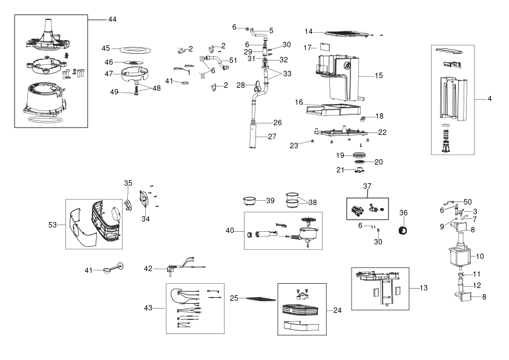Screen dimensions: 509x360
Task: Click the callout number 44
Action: (113, 19)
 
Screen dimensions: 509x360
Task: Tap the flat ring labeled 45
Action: (136, 50)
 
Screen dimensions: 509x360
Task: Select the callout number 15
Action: (379, 76)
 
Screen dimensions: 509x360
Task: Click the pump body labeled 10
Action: (459, 255)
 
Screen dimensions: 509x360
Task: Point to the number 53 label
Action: (52, 225)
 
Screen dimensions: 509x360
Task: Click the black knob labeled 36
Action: (403, 230)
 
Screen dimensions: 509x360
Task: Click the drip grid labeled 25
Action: (261, 298)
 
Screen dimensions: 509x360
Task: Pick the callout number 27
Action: (272, 137)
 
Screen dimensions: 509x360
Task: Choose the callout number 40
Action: (230, 231)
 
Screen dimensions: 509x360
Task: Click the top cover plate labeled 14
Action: (346, 33)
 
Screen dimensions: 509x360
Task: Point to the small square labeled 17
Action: (325, 47)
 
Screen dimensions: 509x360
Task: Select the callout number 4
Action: (490, 99)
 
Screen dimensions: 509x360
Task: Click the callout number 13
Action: (424, 288)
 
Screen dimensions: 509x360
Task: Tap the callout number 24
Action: (338, 310)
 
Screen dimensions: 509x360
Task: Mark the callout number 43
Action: (148, 308)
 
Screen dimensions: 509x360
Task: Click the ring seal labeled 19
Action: (359, 155)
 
